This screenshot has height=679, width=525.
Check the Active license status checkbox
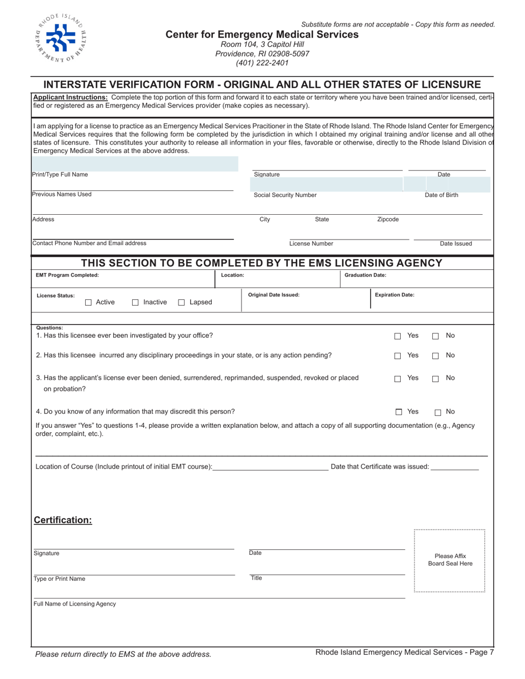[88, 303]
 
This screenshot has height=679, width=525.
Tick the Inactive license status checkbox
[135, 303]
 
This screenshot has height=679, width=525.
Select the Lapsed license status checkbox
[181, 303]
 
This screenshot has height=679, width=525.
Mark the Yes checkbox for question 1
[397, 336]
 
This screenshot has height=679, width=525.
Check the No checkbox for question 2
[435, 356]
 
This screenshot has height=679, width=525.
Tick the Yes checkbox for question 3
[397, 379]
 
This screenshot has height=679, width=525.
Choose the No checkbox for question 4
[438, 412]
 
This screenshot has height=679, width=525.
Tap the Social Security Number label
[285, 195]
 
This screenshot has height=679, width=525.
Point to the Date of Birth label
[441, 195]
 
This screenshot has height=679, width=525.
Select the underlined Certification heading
[63, 520]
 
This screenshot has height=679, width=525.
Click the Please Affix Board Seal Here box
[450, 560]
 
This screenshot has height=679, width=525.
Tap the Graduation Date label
[365, 275]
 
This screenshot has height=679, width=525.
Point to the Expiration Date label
[395, 295]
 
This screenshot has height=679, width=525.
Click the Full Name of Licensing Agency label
[75, 604]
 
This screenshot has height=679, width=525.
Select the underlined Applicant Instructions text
[70, 97]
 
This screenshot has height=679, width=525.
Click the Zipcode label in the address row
[388, 219]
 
